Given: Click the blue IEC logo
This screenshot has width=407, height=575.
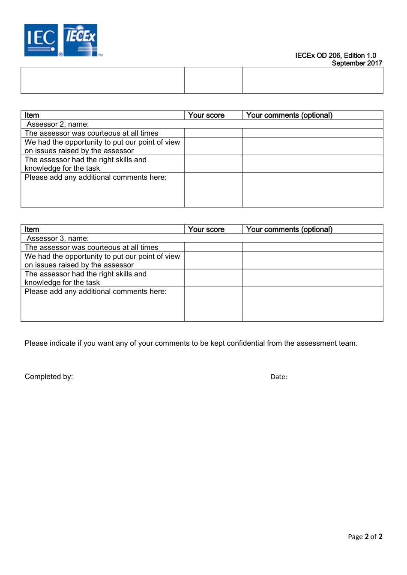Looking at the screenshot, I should pyautogui.click(x=41, y=40).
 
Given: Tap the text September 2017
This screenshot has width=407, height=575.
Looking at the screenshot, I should pyautogui.click(x=357, y=63).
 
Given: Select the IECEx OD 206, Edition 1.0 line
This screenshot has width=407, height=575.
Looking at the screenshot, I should pyautogui.click(x=335, y=56).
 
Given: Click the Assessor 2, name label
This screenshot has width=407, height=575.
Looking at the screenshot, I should pyautogui.click(x=58, y=124).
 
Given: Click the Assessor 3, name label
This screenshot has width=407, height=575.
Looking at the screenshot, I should pyautogui.click(x=58, y=238).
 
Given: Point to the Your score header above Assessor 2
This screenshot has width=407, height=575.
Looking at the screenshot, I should pyautogui.click(x=206, y=115).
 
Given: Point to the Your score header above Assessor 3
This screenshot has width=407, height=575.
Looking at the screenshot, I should pyautogui.click(x=206, y=229).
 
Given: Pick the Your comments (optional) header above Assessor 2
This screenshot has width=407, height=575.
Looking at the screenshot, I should pyautogui.click(x=289, y=115).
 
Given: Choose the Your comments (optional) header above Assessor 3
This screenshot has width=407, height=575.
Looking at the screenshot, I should pyautogui.click(x=289, y=229).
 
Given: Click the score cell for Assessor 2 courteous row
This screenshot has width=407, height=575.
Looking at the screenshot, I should pyautogui.click(x=213, y=133).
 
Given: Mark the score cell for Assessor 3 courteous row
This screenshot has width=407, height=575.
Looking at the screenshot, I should pyautogui.click(x=213, y=247).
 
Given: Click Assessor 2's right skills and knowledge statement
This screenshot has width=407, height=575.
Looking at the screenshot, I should pyautogui.click(x=86, y=164).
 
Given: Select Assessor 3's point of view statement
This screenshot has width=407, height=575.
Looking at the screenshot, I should pyautogui.click(x=102, y=261).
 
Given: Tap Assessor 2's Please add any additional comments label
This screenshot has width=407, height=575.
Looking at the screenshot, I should pyautogui.click(x=96, y=177).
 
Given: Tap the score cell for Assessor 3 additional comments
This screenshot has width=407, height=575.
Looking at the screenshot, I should pyautogui.click(x=213, y=304).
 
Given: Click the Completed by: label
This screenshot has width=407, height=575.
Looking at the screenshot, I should pyautogui.click(x=49, y=376).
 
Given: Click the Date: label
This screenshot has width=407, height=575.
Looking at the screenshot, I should pyautogui.click(x=279, y=377).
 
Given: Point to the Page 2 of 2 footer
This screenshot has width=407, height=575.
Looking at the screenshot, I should pyautogui.click(x=365, y=536).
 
